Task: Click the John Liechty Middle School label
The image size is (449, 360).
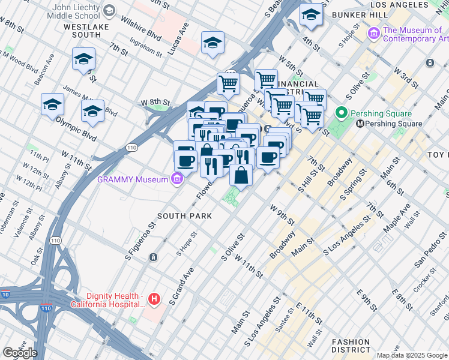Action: (68, 10)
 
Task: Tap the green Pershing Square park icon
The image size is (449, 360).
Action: (342, 113)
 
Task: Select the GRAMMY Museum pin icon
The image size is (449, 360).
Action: (176, 179)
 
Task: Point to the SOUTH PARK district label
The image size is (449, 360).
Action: (185, 215)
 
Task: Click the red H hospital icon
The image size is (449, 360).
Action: (154, 299)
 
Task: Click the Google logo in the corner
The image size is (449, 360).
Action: (20, 353)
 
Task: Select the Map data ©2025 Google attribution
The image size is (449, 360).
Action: (412, 355)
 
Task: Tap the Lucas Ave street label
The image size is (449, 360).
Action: (178, 39)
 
